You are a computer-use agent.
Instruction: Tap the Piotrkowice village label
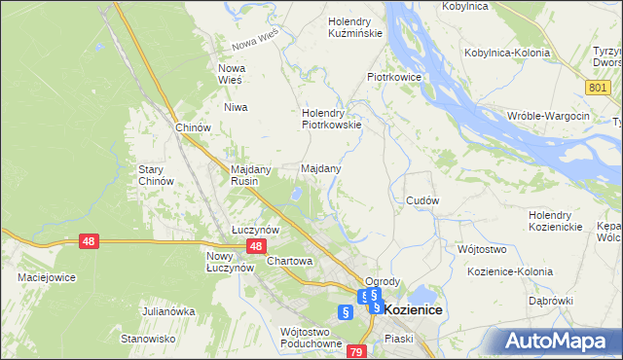(x=393, y=75)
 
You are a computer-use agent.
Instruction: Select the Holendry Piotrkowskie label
(x=332, y=118)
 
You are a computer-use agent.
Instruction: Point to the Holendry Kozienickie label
(x=555, y=220)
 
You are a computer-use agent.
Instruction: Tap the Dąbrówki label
(x=551, y=301)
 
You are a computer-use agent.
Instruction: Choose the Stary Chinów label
(x=156, y=174)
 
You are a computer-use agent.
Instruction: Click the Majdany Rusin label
(x=249, y=174)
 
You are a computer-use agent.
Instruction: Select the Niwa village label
(x=236, y=107)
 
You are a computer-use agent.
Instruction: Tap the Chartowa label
(x=289, y=261)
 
